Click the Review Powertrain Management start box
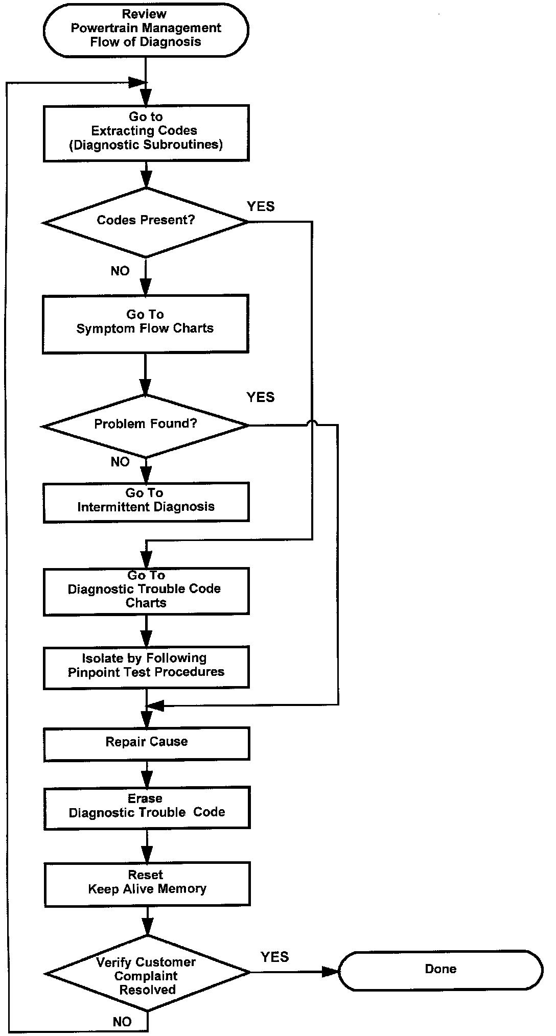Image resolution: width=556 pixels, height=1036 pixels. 146,29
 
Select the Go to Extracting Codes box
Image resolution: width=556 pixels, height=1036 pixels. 146,133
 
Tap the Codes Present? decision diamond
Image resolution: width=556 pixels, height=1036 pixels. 146,221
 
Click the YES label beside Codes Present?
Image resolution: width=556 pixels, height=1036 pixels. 261,206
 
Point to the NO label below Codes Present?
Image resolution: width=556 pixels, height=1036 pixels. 120,271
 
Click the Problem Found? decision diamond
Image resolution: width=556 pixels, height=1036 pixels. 146,425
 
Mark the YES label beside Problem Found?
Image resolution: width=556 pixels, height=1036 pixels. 261,397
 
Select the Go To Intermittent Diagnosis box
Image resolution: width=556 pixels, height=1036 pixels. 146,501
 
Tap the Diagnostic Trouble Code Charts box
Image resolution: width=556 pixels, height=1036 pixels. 146,591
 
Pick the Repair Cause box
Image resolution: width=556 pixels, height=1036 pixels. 147,743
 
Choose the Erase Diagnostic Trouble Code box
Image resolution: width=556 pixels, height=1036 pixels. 147,807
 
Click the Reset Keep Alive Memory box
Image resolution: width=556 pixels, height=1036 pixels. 147,883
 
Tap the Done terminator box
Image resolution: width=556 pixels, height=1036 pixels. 441,970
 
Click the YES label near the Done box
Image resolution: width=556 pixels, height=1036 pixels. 275,957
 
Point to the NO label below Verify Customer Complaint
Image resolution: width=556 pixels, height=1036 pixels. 122,1021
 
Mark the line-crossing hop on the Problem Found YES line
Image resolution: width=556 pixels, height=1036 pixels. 312,423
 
